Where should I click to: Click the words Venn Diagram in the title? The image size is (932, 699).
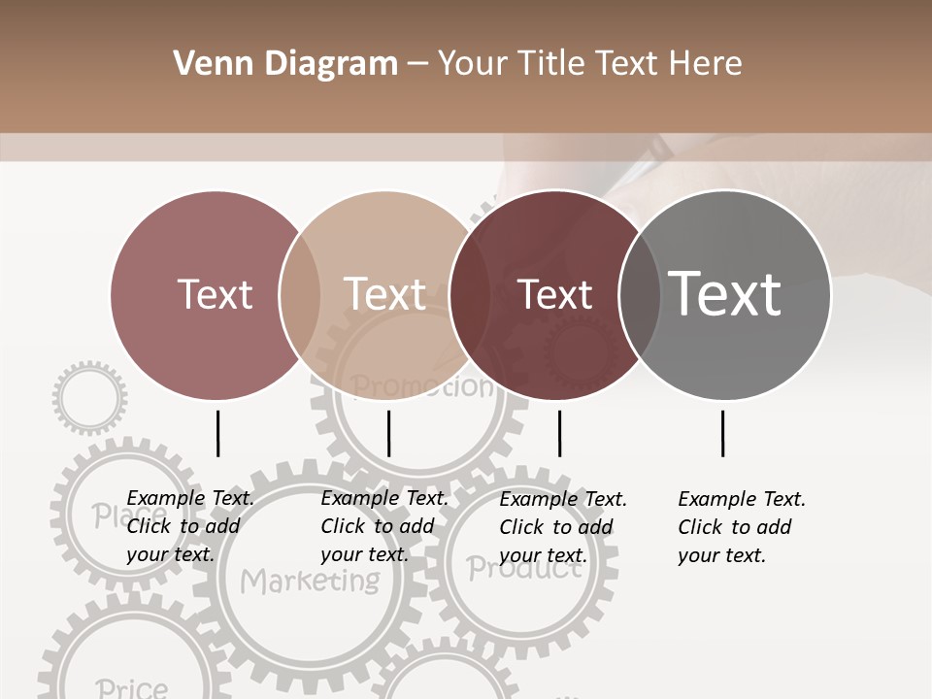point(285,64)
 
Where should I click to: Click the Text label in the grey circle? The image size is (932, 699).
point(724,294)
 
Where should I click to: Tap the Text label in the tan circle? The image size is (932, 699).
point(384,294)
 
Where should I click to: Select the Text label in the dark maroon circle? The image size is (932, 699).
point(554,294)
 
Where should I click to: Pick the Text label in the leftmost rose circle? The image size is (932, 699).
point(215,294)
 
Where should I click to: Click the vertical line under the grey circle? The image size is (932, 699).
point(722,433)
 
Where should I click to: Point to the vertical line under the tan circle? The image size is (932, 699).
point(388,433)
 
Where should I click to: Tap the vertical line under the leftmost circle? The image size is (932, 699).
point(217,433)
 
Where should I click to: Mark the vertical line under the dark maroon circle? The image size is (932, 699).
point(559,433)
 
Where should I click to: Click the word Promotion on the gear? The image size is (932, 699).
point(421,387)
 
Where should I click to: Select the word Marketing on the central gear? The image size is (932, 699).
point(310,582)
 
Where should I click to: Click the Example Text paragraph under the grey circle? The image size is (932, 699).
point(742,527)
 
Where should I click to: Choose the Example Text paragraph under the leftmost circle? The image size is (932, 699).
point(190,526)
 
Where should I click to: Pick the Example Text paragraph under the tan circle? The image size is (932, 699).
point(384,526)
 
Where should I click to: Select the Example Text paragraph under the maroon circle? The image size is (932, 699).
point(563,527)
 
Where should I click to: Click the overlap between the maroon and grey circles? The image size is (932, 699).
point(640,294)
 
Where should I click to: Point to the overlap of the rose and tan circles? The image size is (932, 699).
point(299,294)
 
